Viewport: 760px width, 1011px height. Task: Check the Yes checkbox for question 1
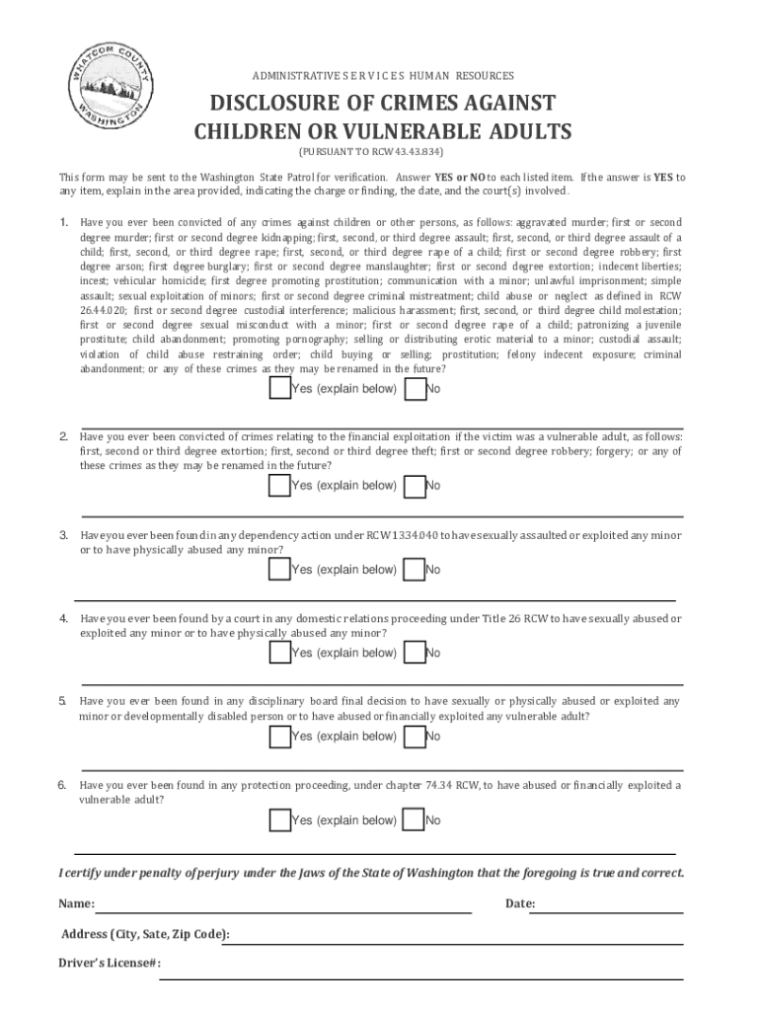pos(279,389)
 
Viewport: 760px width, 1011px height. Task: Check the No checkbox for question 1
pos(416,389)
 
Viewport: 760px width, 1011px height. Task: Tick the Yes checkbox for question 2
pos(279,485)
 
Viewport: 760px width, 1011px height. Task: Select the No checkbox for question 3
pos(416,570)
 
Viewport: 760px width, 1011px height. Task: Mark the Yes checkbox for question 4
pos(279,653)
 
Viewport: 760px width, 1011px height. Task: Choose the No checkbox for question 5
pos(416,737)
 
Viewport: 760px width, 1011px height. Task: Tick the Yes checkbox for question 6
pos(279,820)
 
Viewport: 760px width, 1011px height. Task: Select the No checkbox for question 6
pos(416,820)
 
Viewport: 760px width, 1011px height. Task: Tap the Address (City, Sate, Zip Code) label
pos(146,934)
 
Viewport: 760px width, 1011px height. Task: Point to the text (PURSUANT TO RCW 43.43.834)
pos(372,153)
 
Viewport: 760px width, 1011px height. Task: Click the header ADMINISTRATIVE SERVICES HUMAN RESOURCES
pos(383,76)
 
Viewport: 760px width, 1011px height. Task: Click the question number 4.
pos(63,619)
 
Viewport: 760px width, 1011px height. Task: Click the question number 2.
pos(63,436)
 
